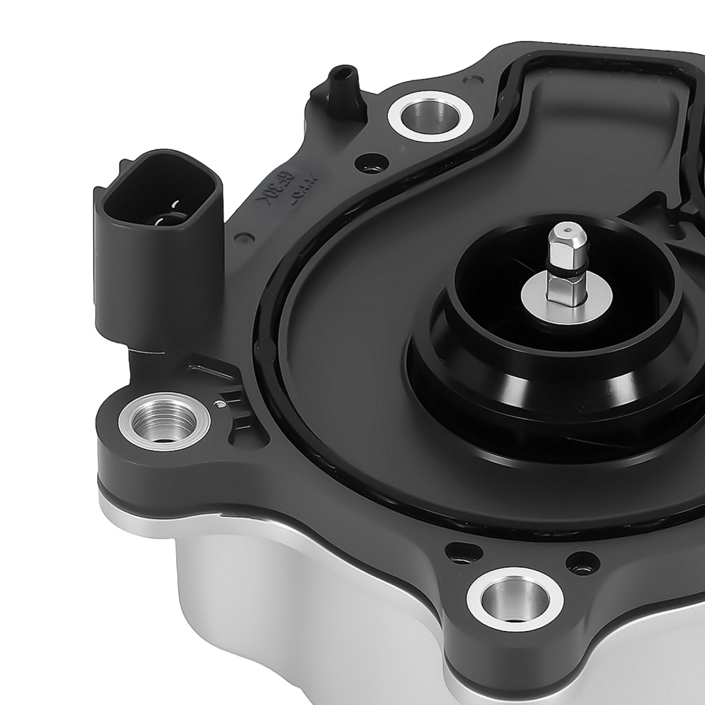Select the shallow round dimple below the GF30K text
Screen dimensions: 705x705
[243, 238]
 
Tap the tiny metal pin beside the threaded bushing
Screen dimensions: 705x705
[221, 404]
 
